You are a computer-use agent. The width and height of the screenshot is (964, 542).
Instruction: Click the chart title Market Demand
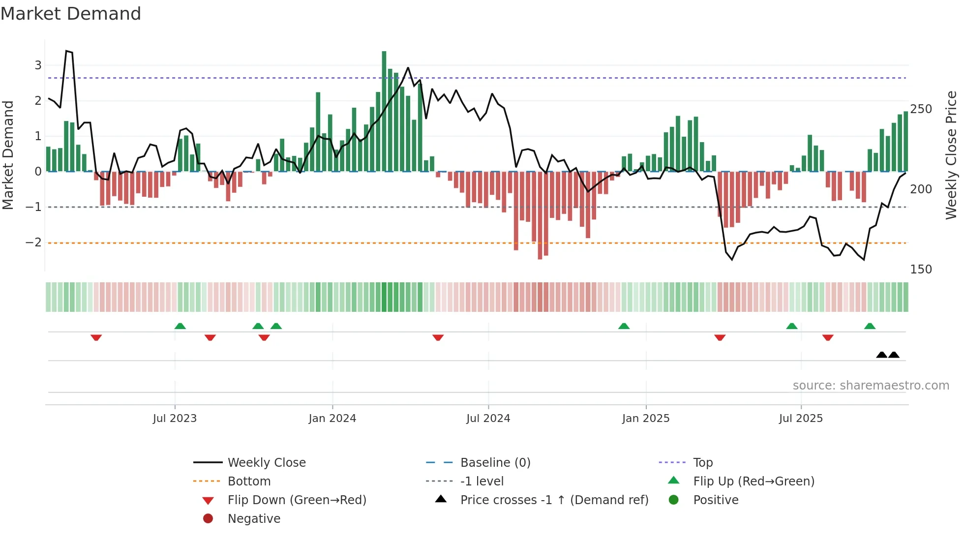(x=71, y=14)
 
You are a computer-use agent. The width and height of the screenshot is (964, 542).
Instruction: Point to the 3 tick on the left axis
(x=38, y=65)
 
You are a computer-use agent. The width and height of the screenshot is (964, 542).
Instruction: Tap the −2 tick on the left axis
(x=34, y=242)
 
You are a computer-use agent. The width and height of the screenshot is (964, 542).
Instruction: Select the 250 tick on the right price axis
(x=921, y=109)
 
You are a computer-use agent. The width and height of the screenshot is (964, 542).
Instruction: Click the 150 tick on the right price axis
(x=921, y=270)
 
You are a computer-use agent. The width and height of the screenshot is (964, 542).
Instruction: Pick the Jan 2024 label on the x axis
(x=332, y=419)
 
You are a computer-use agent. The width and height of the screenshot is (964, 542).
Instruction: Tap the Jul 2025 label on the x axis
(x=801, y=419)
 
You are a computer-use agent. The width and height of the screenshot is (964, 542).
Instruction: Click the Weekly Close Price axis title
(x=951, y=155)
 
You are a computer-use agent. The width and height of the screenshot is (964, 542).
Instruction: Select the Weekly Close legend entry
(x=266, y=463)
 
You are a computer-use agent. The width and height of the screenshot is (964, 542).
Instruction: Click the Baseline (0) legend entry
(x=495, y=463)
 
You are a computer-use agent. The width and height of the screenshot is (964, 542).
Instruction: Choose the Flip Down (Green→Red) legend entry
(x=297, y=500)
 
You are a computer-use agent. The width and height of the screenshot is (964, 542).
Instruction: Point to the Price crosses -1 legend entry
(x=554, y=500)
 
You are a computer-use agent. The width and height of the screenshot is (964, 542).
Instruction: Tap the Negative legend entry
(x=254, y=519)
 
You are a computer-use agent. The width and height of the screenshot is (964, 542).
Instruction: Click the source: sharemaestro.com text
(x=871, y=386)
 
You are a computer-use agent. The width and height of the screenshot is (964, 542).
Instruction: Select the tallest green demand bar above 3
(x=384, y=111)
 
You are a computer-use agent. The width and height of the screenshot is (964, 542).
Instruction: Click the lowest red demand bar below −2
(x=540, y=216)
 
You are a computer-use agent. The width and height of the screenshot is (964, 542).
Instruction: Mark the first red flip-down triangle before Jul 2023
(x=96, y=337)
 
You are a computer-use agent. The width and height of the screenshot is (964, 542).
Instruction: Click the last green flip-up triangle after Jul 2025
(x=870, y=326)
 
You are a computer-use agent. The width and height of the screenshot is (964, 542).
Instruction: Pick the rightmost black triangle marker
(x=894, y=355)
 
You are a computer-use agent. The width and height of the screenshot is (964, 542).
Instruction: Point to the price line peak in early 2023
(x=67, y=51)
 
